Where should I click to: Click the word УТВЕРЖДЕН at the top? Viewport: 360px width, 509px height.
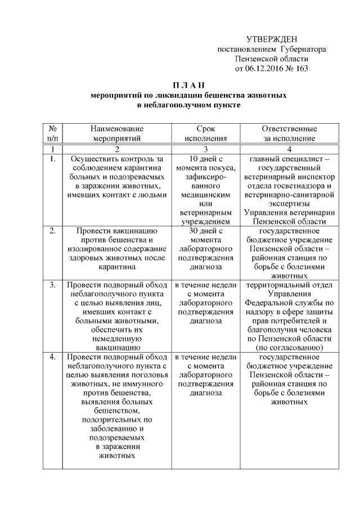click(272, 39)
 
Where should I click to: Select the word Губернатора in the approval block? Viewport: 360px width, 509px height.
click(303, 49)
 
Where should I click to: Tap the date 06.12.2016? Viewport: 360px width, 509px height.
click(263, 69)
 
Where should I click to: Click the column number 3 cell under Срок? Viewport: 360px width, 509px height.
click(205, 149)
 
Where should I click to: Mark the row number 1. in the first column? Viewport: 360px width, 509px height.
click(52, 159)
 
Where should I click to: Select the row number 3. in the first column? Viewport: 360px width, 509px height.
click(52, 285)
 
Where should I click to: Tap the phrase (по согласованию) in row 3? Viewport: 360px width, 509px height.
click(289, 348)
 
